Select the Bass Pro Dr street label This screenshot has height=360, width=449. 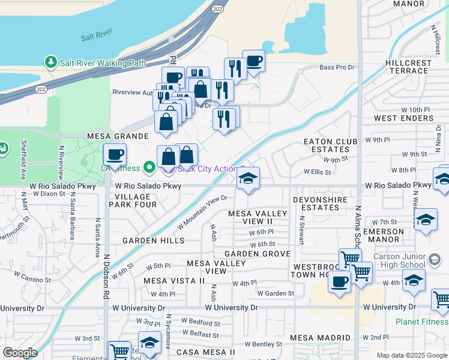click(x=337, y=68)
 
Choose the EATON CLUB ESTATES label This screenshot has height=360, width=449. click(x=330, y=145)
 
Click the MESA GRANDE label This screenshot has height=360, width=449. click(x=118, y=136)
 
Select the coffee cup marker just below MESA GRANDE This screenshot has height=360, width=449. click(x=114, y=155)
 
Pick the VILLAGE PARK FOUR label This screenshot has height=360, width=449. click(x=136, y=200)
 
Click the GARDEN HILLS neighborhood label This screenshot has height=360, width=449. click(x=153, y=240)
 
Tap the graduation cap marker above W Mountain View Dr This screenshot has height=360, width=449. click(x=248, y=179)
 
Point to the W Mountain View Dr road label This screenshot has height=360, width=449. click(x=203, y=212)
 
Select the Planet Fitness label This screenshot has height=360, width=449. click(x=421, y=322)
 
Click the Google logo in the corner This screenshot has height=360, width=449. click(x=20, y=353)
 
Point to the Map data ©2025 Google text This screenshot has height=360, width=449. click(x=411, y=355)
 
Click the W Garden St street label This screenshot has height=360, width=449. click(x=276, y=293)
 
